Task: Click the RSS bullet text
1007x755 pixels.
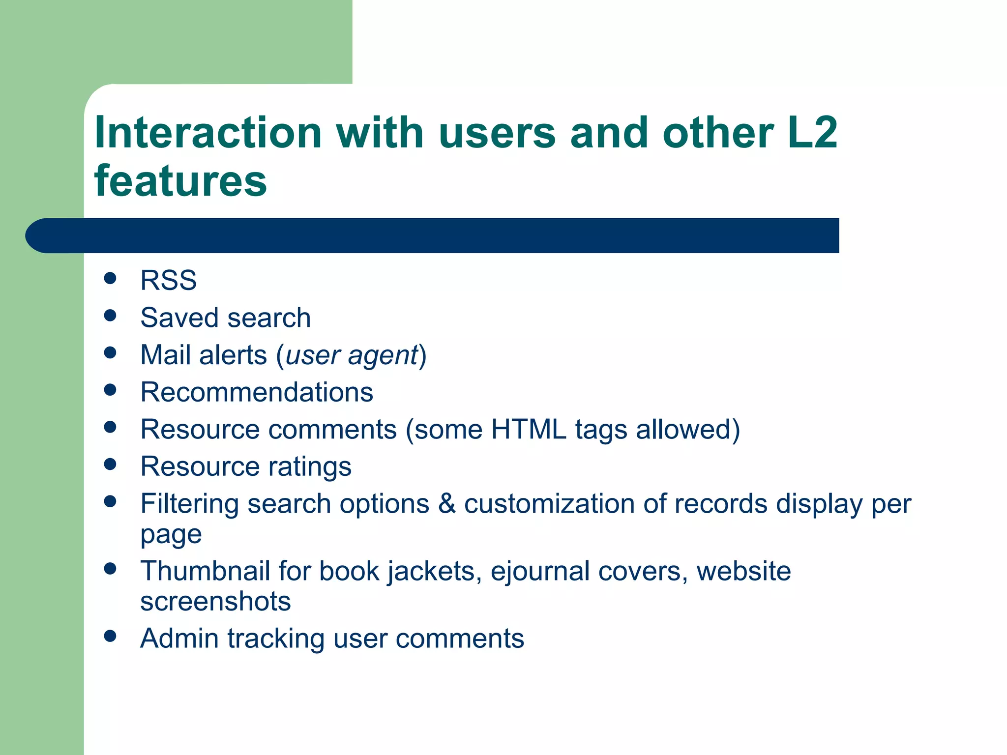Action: (168, 280)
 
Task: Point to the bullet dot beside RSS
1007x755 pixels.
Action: (110, 278)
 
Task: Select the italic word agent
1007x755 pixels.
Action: (382, 356)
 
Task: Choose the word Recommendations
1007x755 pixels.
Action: (257, 392)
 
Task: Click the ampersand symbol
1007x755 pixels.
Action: (446, 504)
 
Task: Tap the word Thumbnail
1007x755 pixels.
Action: (205, 571)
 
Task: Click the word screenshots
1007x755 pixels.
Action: (215, 601)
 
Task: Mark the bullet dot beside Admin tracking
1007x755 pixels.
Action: (110, 637)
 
